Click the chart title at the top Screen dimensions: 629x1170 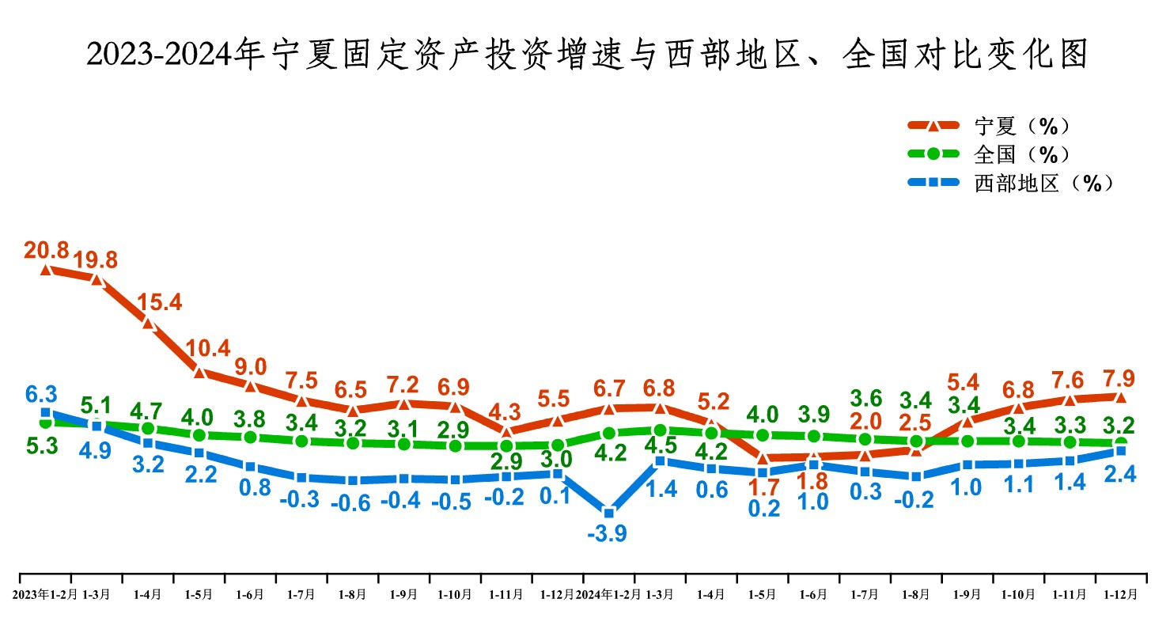585,55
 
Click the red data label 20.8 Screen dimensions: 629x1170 46,251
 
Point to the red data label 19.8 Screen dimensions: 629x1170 96,260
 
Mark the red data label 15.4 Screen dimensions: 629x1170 159,302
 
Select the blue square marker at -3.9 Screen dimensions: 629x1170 608,513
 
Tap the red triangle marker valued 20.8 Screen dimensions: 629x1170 46,269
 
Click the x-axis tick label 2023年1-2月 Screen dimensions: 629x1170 47,594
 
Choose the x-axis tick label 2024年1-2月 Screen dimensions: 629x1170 608,594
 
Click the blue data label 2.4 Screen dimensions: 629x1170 1119,475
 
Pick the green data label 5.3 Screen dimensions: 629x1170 42,446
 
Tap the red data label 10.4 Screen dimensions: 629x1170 208,348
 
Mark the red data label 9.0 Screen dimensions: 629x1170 251,366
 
